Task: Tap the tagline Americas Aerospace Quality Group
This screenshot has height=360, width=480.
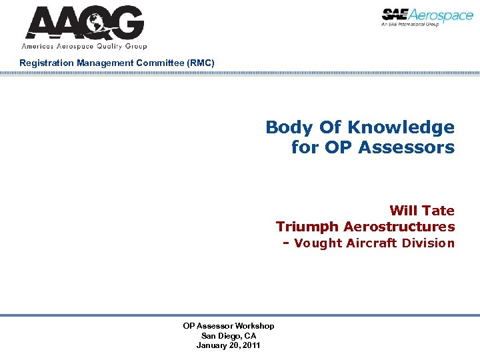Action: click(84, 47)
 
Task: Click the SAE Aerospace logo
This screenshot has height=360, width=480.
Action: click(427, 15)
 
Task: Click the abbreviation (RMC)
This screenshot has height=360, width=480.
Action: click(200, 63)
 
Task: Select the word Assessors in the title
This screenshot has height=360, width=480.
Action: click(406, 147)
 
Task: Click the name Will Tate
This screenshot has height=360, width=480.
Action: click(422, 211)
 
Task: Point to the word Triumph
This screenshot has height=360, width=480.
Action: click(307, 227)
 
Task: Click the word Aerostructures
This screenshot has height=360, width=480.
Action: click(399, 227)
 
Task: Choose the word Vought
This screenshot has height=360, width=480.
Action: click(317, 243)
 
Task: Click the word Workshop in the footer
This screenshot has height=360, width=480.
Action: click(253, 325)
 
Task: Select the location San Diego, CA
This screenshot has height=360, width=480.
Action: click(228, 335)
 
